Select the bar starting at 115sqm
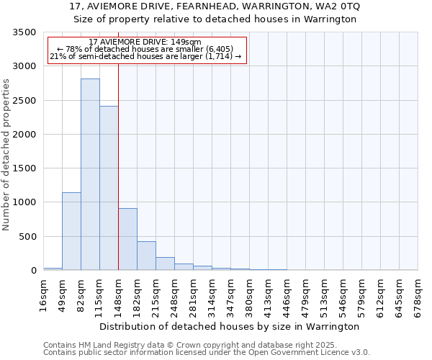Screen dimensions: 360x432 [x=109, y=188]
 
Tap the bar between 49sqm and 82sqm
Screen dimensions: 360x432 [x=71, y=231]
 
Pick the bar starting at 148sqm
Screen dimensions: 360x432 [x=127, y=239]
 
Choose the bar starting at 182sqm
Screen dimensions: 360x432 [x=146, y=256]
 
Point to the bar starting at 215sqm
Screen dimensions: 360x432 [x=165, y=264]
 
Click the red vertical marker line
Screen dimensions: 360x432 [x=118, y=166]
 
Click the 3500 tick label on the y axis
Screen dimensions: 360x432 [x=24, y=32]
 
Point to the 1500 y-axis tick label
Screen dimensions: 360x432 [x=24, y=168]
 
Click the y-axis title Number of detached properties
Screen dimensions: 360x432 [x=7, y=155]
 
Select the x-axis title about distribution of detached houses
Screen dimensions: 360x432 [x=229, y=326]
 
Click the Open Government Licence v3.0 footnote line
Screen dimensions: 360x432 [x=207, y=352]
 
